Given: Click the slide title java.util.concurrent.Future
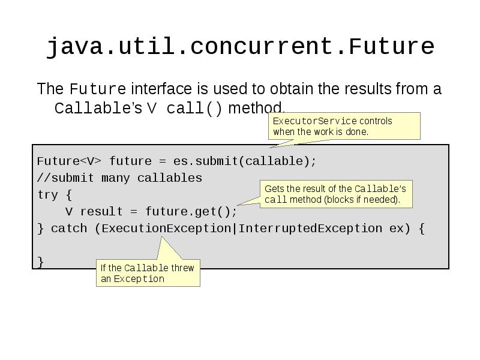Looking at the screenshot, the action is (240, 46).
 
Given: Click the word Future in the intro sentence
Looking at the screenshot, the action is (98, 90).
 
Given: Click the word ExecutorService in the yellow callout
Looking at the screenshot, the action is (314, 121).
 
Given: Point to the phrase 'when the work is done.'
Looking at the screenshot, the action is (320, 131).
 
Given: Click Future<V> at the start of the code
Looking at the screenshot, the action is (69, 161).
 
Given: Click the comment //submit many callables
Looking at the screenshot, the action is (119, 178).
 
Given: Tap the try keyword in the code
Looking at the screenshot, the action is (47, 195).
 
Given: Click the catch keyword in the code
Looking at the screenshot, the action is (69, 229).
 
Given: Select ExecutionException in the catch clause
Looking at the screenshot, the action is (166, 229).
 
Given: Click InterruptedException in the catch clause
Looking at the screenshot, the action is (310, 229).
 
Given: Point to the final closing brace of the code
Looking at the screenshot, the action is (40, 262).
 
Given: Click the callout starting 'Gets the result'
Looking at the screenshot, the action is (336, 194).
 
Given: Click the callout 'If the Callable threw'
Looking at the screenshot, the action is (148, 273).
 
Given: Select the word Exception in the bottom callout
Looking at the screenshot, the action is (139, 279).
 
